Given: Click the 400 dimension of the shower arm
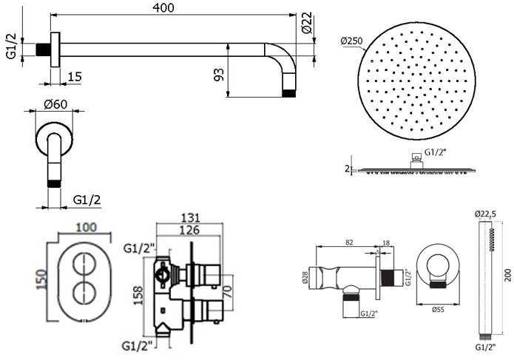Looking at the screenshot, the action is [x=163, y=8].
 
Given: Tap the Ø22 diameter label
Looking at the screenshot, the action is [x=307, y=23].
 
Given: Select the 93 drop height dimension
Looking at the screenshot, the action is [x=219, y=75].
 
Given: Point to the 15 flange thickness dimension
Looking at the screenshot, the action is [x=75, y=77].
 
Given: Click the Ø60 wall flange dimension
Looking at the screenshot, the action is [x=55, y=104].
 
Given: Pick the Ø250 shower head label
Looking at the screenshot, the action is [x=351, y=41].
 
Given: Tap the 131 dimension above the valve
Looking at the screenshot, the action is [x=190, y=218].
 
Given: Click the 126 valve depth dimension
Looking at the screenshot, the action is [x=190, y=230].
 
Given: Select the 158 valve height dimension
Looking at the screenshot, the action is [x=138, y=296].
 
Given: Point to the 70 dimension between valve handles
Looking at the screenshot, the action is [x=228, y=291].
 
